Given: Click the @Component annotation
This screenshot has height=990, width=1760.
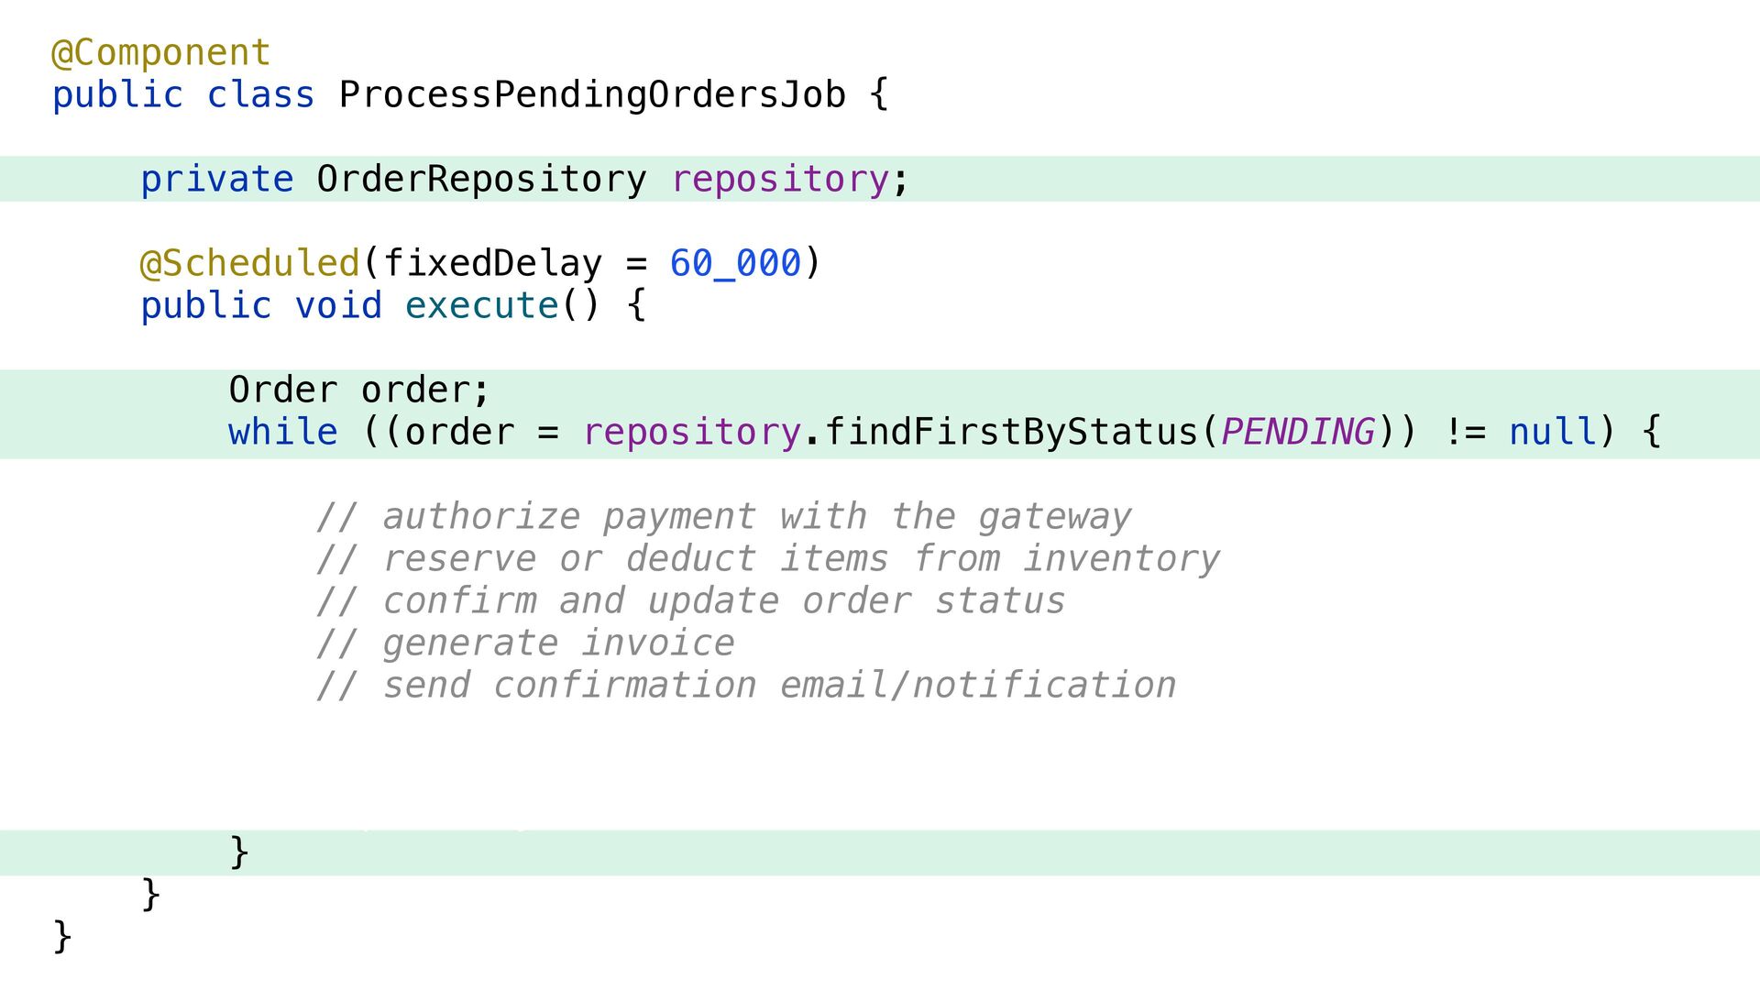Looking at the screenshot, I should click(160, 52).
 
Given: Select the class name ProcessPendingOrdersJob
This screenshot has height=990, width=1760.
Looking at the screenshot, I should click(591, 94).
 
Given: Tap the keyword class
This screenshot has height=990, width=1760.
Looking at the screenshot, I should click(260, 94).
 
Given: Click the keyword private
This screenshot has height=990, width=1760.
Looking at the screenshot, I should click(216, 179).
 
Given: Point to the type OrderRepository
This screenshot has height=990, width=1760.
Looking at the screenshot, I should click(481, 179).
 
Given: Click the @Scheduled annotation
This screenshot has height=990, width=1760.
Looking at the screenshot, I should click(249, 263).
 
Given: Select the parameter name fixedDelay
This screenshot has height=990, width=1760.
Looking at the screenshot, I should click(492, 263).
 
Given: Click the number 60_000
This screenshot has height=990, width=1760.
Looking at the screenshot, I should click(735, 263).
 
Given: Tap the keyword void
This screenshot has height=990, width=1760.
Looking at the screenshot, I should click(337, 305).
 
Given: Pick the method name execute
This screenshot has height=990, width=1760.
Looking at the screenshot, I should click(481, 305).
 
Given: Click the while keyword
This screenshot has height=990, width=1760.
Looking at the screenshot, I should click(282, 432).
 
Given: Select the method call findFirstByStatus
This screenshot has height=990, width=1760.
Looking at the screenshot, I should click(1011, 432).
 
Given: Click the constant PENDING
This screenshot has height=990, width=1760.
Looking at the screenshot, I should click(1297, 432).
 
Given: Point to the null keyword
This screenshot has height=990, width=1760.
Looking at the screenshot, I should click(1552, 432).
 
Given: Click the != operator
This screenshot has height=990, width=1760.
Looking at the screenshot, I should click(1464, 432).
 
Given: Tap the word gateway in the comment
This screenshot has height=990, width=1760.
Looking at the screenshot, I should click(1054, 516).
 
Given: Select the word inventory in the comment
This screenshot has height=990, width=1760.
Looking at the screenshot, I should click(1121, 558).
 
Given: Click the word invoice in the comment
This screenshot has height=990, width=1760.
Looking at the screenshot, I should click(657, 643).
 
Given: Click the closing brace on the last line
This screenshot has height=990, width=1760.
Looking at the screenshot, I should click(62, 936).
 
